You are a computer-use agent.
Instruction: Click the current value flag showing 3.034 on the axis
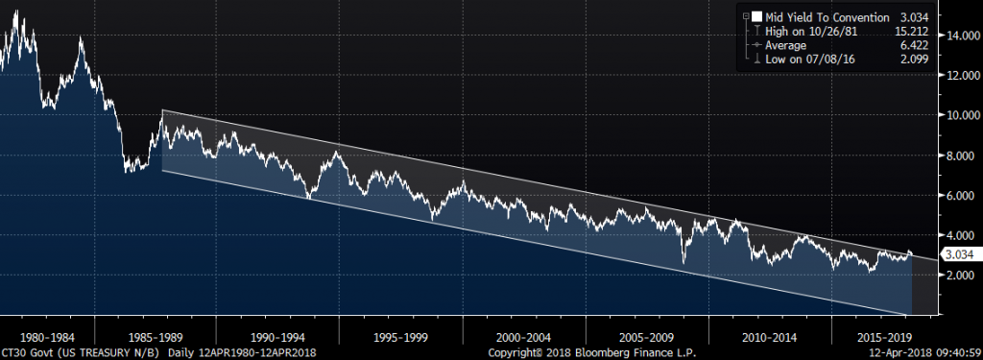[x=959, y=255]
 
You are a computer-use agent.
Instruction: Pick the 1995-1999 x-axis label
[x=400, y=337]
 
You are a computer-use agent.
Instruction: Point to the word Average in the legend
[x=785, y=45]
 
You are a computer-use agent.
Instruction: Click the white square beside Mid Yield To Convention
[x=757, y=17]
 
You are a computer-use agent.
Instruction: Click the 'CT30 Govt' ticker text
[x=24, y=352]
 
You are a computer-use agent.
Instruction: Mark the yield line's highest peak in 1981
[x=15, y=11]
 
